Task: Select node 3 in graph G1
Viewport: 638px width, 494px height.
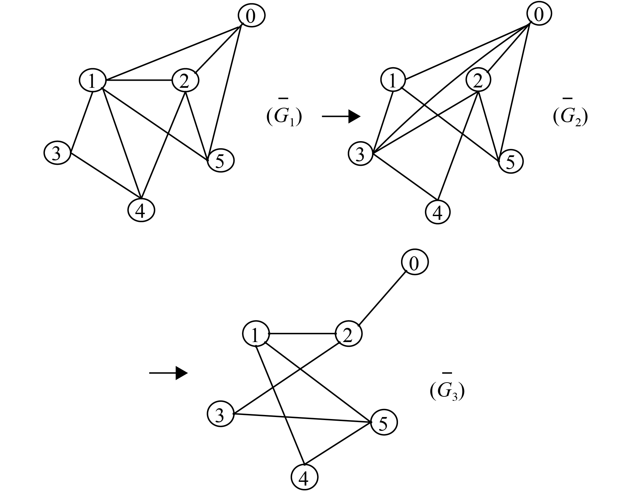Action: tap(57, 153)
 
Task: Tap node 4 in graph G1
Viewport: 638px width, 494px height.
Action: tap(141, 210)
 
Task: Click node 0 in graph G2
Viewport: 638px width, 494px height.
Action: tap(539, 15)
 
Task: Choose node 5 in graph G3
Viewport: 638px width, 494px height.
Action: tap(384, 423)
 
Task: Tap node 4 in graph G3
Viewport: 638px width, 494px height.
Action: tap(304, 477)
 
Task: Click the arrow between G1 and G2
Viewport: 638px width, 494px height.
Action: tap(341, 116)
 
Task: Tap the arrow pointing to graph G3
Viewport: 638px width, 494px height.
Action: tap(168, 373)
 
